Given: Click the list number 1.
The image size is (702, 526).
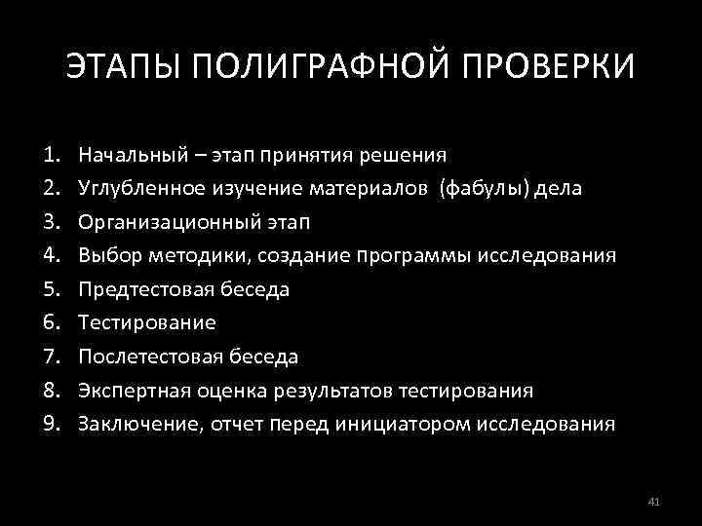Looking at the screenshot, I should click(51, 155).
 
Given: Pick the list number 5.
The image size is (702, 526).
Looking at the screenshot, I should click(51, 289).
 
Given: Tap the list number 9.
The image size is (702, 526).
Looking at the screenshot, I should click(51, 424).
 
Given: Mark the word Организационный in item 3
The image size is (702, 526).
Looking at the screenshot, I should click(162, 222).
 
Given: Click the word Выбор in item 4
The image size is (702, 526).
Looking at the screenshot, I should click(108, 255).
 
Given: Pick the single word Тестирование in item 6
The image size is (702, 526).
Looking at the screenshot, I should click(147, 322).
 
